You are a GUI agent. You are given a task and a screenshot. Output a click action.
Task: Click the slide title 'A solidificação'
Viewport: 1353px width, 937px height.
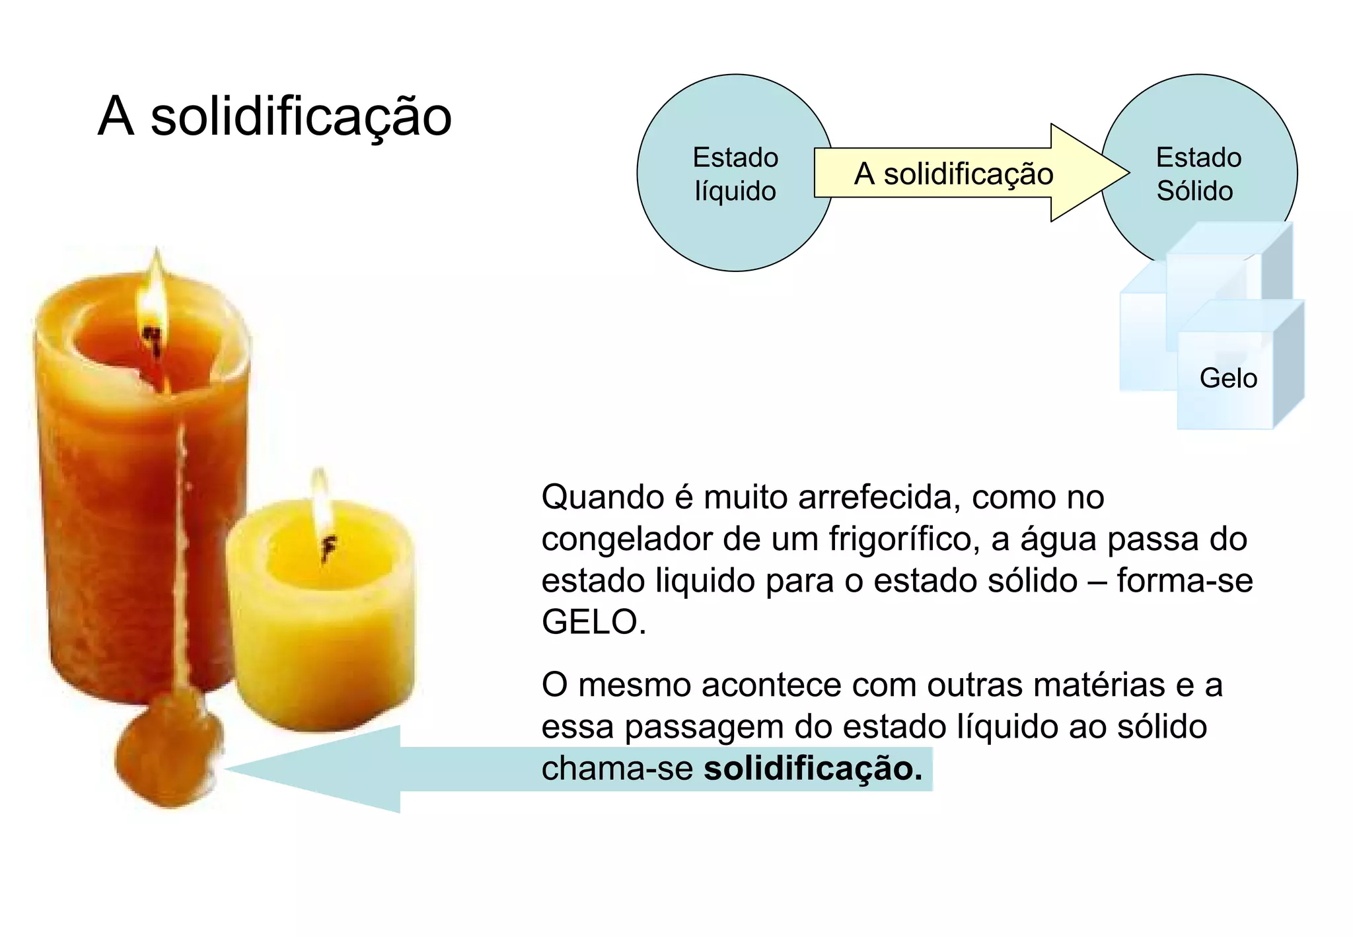pyautogui.click(x=274, y=117)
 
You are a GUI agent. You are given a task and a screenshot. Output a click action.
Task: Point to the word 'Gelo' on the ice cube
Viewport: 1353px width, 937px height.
pyautogui.click(x=1227, y=378)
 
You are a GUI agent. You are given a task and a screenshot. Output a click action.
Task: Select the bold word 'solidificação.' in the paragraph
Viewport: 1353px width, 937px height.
pyautogui.click(x=813, y=769)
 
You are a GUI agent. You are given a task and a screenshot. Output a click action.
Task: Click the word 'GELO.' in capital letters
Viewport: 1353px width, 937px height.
pyautogui.click(x=593, y=622)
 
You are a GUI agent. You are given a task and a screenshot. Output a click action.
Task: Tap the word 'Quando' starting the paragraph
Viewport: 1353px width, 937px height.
pyautogui.click(x=602, y=497)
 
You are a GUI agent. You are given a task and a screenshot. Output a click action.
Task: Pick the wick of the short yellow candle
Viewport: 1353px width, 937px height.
pyautogui.click(x=328, y=547)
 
